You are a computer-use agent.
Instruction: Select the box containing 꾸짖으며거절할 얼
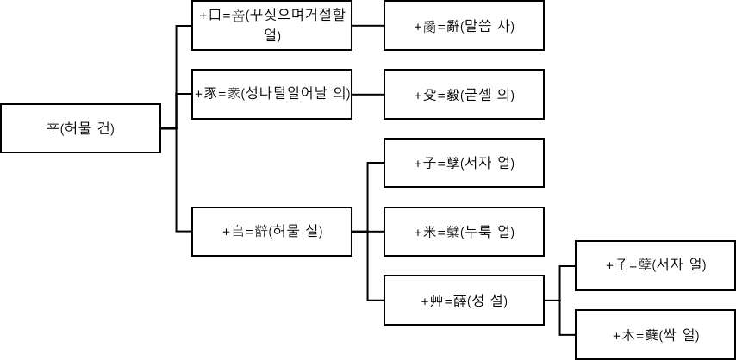point(272,25)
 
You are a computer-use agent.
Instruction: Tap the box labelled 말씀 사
point(463,26)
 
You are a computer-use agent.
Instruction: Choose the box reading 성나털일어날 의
point(272,94)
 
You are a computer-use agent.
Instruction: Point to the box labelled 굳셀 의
point(463,94)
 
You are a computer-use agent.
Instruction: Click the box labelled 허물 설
point(272,231)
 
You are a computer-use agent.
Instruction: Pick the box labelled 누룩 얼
point(463,231)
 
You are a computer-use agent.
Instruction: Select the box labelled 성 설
point(463,300)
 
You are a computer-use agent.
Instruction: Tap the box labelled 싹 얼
point(654,334)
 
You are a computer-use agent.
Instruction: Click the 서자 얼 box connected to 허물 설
point(463,163)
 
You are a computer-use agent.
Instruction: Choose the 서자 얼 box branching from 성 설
point(654,265)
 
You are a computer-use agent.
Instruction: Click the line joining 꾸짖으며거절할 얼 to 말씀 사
point(368,25)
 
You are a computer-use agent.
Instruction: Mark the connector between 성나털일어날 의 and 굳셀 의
point(368,94)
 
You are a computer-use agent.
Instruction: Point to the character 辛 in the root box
point(52,129)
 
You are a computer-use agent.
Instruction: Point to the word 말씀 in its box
point(481,26)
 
